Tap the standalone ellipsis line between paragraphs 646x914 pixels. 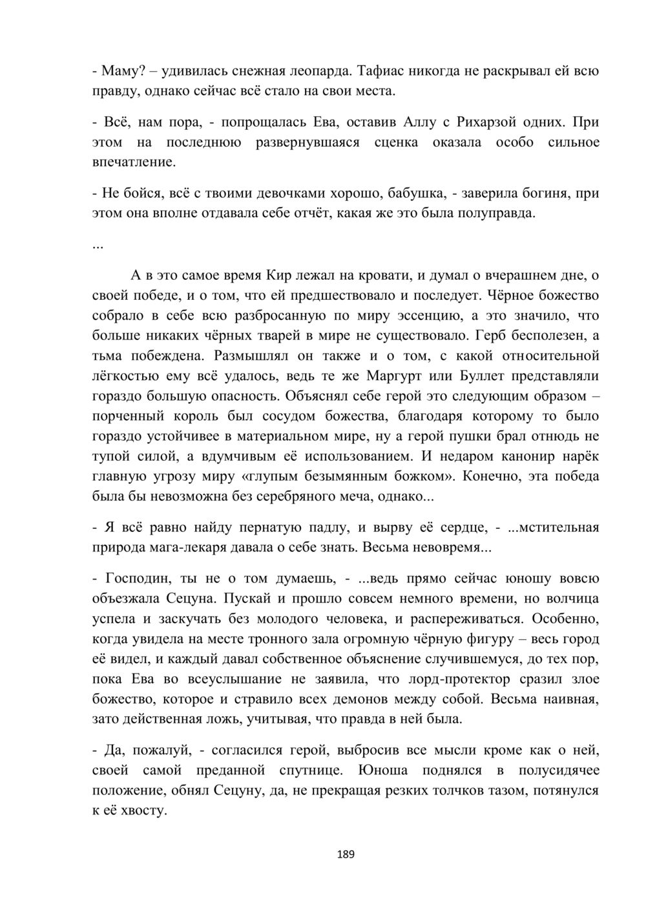[98, 244]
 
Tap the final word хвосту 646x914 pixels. [143, 810]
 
